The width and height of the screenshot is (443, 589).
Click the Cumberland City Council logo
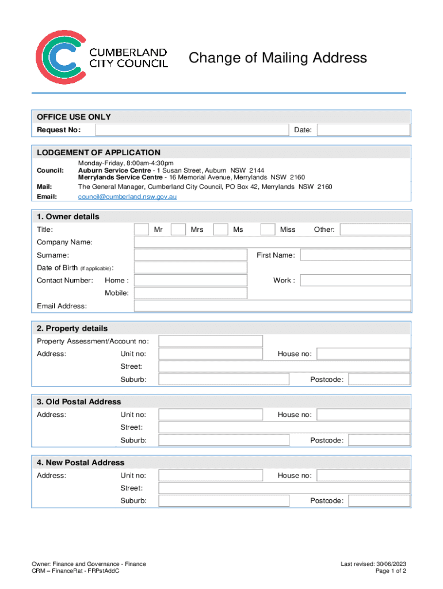point(102,58)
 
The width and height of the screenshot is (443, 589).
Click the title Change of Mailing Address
point(278,58)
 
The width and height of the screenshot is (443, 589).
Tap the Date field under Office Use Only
point(363,130)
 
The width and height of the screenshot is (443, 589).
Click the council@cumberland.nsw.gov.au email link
point(127,197)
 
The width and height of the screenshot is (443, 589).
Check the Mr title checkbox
point(141,230)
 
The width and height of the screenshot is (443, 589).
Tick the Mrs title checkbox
point(178,230)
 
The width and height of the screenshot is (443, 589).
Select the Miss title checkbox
point(268,230)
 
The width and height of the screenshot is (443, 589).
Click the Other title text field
point(375,230)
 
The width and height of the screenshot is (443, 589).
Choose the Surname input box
point(190,255)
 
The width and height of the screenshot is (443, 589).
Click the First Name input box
point(355,255)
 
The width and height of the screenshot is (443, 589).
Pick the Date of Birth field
point(190,267)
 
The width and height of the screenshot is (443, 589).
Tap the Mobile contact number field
point(190,293)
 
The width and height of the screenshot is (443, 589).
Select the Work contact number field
point(355,280)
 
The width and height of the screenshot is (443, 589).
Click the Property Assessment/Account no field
point(211,341)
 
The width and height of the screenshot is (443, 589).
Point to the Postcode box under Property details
point(379,379)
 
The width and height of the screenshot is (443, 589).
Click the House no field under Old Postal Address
point(363,415)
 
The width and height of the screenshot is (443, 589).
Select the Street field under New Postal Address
point(284,488)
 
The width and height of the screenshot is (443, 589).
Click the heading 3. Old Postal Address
point(79,401)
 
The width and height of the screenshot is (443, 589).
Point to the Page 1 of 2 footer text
point(391,571)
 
